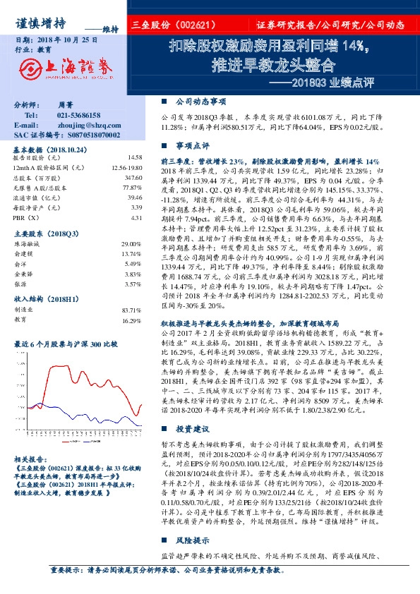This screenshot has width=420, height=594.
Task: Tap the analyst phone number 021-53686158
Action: pyautogui.click(x=78, y=115)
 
